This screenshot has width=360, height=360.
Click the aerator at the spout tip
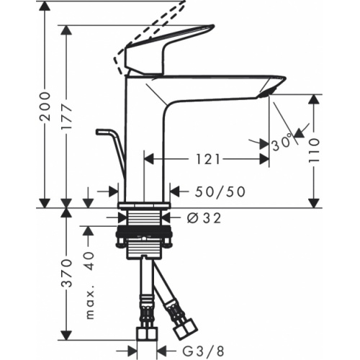point(266,91)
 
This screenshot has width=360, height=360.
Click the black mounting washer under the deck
point(144,234)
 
